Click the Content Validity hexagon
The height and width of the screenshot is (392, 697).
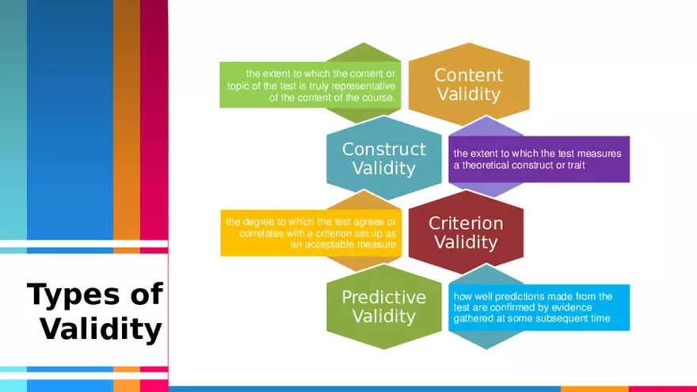point(469,85)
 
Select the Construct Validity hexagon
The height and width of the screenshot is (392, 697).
point(384,158)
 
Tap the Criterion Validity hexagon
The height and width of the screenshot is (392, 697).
point(466,233)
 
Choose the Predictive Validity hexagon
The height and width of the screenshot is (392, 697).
point(384,306)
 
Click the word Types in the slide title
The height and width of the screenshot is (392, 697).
point(74,295)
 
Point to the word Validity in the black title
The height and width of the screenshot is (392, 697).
point(101,329)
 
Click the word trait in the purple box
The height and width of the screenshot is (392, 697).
point(577,166)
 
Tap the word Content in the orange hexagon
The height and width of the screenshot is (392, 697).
point(469,75)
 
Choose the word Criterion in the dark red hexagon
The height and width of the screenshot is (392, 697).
point(466,223)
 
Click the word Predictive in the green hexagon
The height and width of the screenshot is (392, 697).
point(384,297)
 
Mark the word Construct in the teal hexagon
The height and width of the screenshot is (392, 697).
point(384,149)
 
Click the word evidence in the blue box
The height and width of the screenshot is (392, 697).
point(574,307)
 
